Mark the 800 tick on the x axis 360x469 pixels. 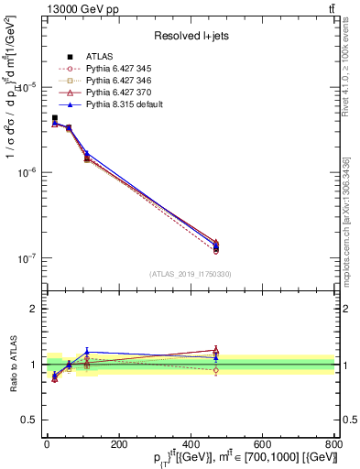pos(334,445)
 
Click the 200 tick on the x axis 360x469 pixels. pos(118,445)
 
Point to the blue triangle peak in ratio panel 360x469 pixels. pos(112,352)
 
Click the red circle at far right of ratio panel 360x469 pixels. pos(215,370)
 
